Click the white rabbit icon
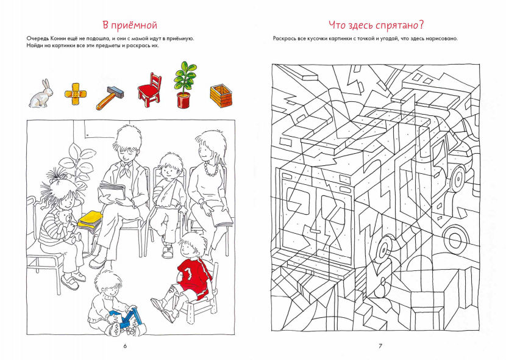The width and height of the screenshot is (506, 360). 41,93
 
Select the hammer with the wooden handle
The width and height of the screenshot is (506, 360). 110,98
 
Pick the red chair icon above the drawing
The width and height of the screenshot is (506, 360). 149,90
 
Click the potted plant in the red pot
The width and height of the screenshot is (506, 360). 185,85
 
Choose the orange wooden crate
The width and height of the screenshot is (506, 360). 221,96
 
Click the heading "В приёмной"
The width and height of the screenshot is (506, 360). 130,25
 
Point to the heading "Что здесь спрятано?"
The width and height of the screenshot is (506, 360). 376,25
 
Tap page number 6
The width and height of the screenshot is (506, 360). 125,346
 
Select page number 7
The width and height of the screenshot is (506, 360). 380,346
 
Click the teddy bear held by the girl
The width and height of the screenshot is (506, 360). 67,225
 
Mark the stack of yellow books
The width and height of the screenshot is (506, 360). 90,221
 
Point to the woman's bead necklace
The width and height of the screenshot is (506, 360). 212,169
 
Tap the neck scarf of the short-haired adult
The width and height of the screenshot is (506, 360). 126,168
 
